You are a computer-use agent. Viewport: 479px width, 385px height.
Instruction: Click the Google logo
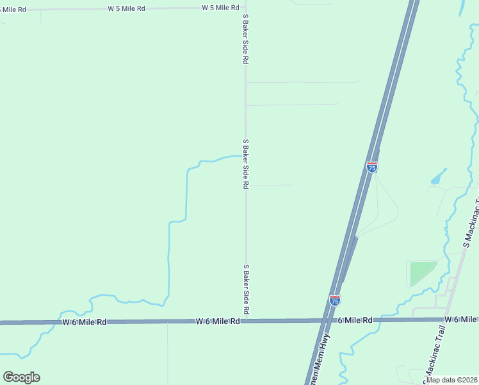tap(21, 377)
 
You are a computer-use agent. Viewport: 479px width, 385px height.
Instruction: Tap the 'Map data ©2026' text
tap(451, 380)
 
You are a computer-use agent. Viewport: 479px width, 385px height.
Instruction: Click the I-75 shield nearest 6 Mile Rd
tap(334, 300)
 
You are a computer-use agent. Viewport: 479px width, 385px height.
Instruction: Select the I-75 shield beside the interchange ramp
tap(372, 167)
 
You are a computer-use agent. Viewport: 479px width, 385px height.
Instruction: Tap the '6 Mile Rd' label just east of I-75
tap(355, 320)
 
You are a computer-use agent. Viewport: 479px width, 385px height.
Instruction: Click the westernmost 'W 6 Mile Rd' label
tap(85, 321)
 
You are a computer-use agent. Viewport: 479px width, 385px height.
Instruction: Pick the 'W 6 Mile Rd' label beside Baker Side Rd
tap(218, 321)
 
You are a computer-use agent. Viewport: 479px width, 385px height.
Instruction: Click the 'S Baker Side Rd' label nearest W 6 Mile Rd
tap(246, 289)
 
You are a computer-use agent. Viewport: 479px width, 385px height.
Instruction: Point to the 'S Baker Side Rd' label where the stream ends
tap(245, 164)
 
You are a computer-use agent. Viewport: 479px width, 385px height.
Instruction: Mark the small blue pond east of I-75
tap(439, 176)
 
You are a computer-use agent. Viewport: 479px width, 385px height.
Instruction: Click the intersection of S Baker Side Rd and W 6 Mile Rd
tap(246, 320)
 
